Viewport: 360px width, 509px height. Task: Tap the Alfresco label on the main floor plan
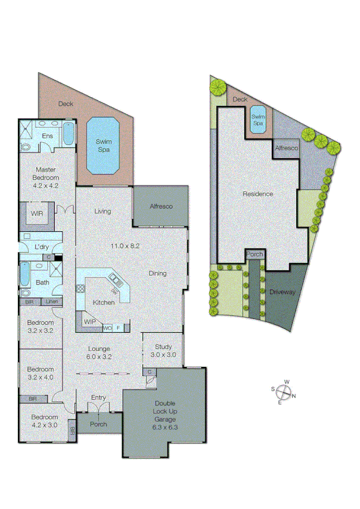161,206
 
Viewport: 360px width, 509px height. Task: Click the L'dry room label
41,247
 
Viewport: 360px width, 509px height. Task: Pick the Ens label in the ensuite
47,136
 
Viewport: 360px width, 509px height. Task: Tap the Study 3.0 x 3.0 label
163,350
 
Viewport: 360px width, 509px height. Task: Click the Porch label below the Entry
98,424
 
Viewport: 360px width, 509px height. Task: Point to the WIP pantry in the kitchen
90,322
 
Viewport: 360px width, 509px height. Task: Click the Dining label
158,273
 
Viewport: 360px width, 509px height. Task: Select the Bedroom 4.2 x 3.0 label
44,421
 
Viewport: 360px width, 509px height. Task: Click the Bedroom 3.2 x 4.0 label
41,373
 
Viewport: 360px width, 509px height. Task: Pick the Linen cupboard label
52,302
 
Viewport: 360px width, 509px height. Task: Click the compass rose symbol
285,393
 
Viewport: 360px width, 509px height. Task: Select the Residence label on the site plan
258,194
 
